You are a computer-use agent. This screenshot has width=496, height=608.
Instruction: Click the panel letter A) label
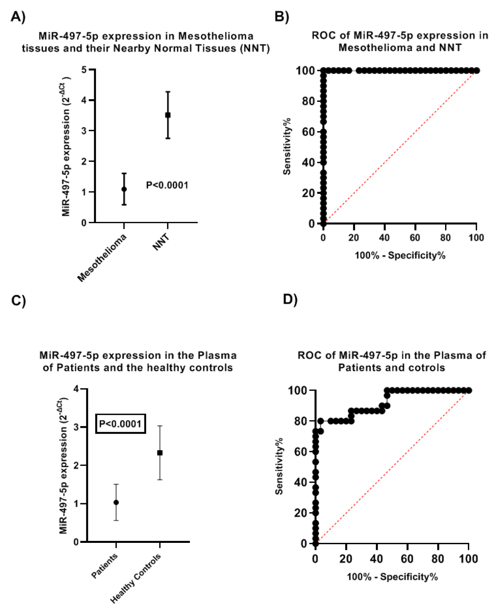point(18,16)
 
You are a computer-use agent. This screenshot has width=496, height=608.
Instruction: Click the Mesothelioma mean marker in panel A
point(124,189)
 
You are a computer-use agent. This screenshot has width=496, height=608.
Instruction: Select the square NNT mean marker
point(168,115)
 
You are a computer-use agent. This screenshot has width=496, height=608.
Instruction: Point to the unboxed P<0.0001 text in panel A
point(167,185)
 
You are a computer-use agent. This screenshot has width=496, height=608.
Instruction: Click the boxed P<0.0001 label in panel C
point(120,424)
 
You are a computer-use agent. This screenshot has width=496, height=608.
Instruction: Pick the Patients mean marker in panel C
point(116,503)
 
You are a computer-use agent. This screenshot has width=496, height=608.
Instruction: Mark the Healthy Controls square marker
point(160,453)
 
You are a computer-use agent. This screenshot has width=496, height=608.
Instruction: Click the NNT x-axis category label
point(161,242)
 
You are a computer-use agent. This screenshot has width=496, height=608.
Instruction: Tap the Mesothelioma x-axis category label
point(102,258)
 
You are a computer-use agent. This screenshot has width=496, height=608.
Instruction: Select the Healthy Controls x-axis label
point(136,578)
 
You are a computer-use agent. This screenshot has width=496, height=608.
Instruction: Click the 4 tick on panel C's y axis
point(76,389)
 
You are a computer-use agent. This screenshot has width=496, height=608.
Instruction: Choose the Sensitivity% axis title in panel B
point(287,146)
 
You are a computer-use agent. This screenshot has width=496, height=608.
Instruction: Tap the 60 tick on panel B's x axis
point(415,238)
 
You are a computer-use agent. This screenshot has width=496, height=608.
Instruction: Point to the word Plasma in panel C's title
point(217,355)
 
